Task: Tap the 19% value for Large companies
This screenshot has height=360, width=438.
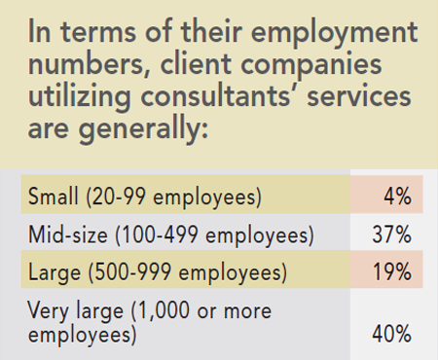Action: [391, 271]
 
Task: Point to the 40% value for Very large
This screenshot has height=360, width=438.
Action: [391, 334]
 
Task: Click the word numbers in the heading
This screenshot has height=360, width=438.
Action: [84, 70]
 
